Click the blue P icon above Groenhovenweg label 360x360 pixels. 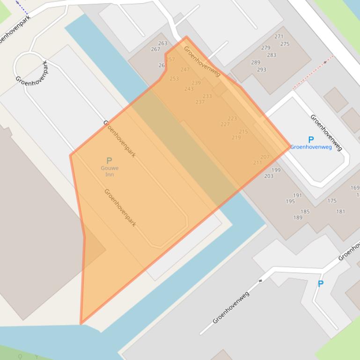point(311,140)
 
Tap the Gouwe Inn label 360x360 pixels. point(109,171)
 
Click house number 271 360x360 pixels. point(279,36)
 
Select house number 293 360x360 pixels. point(261,70)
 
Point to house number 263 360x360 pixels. point(162,43)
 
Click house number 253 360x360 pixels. point(174,79)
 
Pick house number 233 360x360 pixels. point(207,96)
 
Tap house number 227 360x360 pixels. point(225,124)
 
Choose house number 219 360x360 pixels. point(236,137)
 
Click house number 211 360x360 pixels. point(257,163)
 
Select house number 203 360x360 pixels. point(269,176)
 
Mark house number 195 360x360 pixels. point(290,202)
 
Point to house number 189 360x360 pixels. point(298,217)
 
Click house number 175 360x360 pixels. point(332,201)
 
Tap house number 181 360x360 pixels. point(341,212)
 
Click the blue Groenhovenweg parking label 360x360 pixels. point(311,147)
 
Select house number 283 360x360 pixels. point(272,55)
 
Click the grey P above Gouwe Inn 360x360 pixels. point(109,161)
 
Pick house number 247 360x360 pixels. point(185,70)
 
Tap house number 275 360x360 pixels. point(285,44)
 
